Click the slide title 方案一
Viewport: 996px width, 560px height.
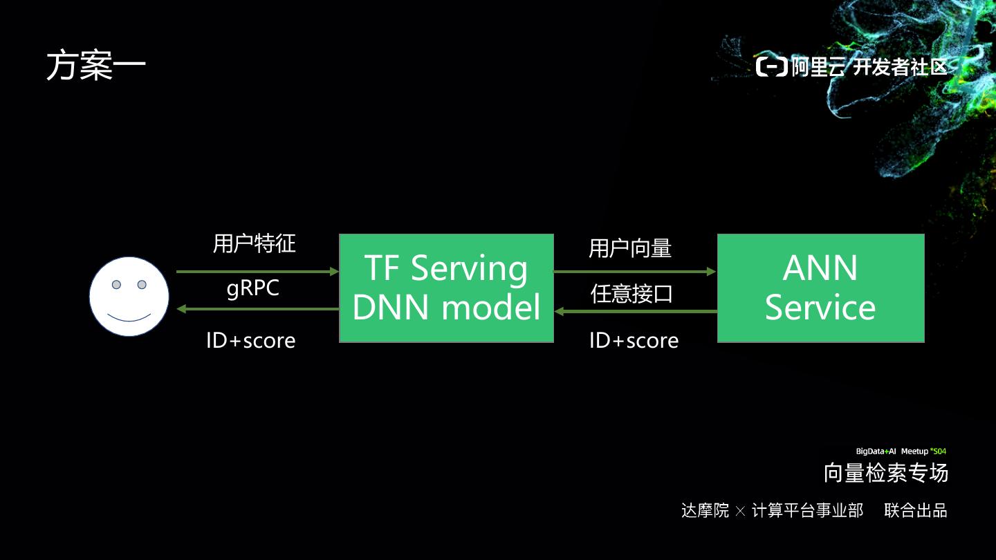[x=96, y=66]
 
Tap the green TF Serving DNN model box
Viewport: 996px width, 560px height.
[x=446, y=288]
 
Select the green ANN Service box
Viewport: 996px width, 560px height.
[x=820, y=288]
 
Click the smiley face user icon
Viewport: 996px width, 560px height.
[x=129, y=297]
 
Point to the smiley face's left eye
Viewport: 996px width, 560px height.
[x=117, y=285]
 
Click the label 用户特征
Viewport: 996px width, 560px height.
[x=254, y=243]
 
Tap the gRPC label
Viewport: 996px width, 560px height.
[x=253, y=288]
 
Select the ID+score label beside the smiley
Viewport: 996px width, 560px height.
[x=250, y=340]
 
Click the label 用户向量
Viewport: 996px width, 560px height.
[x=630, y=248]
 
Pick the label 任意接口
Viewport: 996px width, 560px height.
[x=631, y=294]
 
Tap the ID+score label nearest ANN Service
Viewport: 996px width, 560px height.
[x=634, y=340]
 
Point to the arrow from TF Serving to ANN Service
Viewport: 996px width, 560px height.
[x=635, y=272]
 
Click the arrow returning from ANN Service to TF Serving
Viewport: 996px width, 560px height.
[x=635, y=311]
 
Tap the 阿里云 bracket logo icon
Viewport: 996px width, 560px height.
[x=771, y=67]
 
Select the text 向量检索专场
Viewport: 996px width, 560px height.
[x=885, y=473]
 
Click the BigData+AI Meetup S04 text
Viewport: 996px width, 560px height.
[x=901, y=451]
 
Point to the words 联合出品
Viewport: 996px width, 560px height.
[x=916, y=511]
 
